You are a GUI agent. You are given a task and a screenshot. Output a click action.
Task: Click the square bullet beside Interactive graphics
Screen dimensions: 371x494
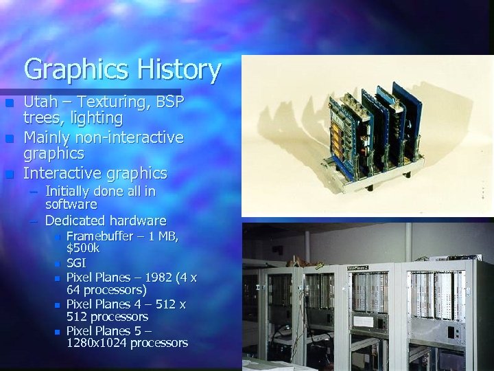coord(10,172)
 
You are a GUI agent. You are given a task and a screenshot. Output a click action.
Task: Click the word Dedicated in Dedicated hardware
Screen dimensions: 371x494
coord(75,221)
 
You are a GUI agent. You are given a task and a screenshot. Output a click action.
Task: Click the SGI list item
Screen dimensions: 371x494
coord(76,263)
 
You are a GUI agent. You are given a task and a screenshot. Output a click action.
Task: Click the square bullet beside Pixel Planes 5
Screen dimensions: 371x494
coord(58,331)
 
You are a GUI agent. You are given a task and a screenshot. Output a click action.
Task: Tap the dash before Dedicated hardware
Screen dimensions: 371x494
coord(34,221)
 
